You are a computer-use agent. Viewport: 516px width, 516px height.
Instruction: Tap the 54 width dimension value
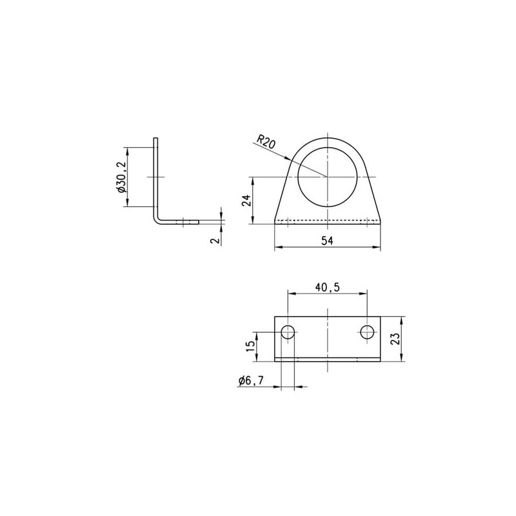click(327, 241)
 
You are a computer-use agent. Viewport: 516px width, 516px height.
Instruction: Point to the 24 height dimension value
click(247, 200)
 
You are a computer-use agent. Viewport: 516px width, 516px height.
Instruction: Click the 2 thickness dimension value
click(215, 241)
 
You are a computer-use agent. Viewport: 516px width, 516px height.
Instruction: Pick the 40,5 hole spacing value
click(327, 287)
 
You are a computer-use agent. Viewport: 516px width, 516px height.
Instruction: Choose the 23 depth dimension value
click(396, 339)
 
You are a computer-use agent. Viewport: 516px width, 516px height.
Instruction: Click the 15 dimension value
click(251, 346)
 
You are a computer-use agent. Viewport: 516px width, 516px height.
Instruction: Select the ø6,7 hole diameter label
click(251, 381)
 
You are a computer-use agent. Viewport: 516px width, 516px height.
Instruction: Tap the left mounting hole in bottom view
click(288, 332)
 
